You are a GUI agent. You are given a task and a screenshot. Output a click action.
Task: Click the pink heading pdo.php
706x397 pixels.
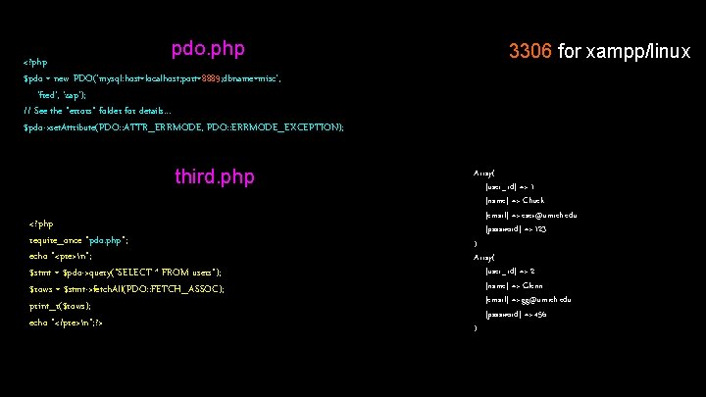point(208,48)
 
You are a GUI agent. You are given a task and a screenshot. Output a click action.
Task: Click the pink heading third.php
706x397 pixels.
point(214,176)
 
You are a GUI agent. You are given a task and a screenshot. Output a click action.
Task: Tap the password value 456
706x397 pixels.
point(536,314)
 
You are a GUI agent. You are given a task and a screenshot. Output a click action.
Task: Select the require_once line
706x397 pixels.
point(80,239)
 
